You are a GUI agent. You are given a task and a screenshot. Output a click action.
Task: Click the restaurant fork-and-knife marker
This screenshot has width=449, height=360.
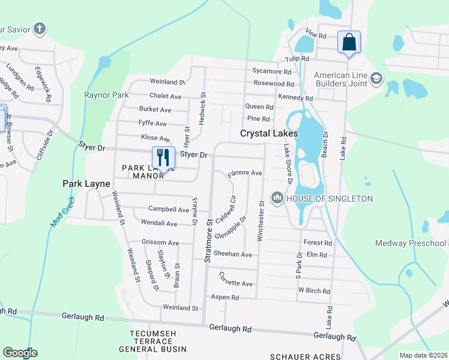pyautogui.click(x=163, y=158)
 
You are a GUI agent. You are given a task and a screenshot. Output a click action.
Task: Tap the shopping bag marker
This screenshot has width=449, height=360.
pyautogui.click(x=349, y=42)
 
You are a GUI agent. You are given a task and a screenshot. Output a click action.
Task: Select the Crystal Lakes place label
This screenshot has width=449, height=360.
pyautogui.click(x=270, y=133)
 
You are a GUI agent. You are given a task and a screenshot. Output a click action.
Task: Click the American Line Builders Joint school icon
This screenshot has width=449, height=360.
pyautogui.click(x=376, y=77)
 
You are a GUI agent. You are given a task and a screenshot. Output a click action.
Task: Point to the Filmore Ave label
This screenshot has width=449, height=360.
pyautogui.click(x=245, y=173)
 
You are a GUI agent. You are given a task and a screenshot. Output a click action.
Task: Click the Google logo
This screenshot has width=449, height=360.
pyautogui.click(x=19, y=353)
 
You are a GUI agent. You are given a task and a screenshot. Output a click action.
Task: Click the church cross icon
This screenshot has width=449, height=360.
pyautogui.click(x=40, y=28)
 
